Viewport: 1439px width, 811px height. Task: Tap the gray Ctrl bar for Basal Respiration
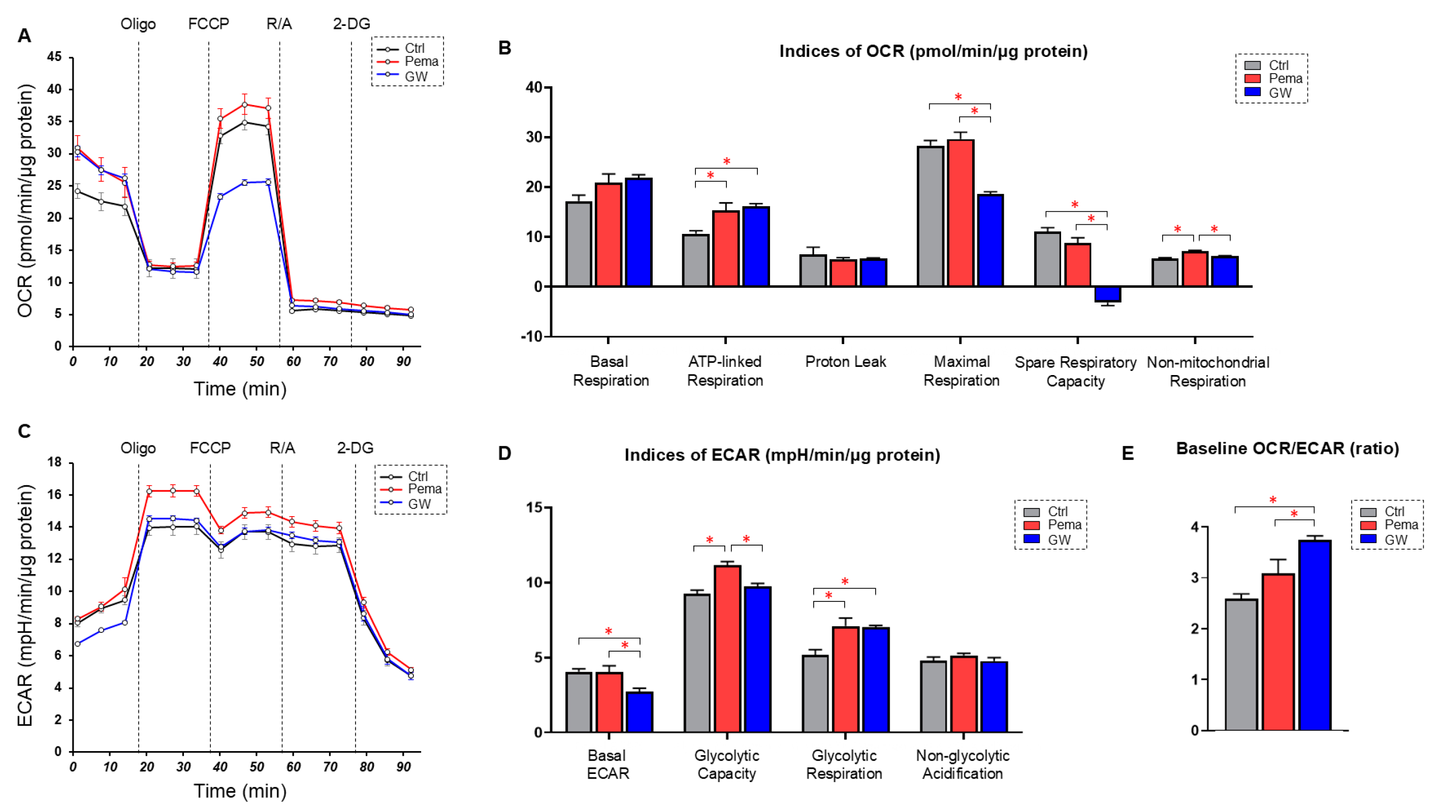coord(579,244)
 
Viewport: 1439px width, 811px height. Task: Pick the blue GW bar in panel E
coord(1315,635)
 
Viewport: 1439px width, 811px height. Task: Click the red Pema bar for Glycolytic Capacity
coord(727,649)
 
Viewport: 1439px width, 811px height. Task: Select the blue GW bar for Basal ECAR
coord(639,712)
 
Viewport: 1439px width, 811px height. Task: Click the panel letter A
coord(24,36)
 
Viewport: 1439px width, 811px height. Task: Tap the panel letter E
coord(1128,453)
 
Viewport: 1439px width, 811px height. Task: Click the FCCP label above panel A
coord(208,24)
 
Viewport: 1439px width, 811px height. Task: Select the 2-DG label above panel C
coord(355,448)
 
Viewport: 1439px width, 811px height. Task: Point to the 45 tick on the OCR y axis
coord(54,57)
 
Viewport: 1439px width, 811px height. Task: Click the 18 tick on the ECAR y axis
coord(54,463)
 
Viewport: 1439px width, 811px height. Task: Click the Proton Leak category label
coord(845,362)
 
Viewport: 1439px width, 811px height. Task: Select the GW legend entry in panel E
coord(1395,540)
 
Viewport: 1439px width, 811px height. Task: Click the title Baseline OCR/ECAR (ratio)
coord(1287,449)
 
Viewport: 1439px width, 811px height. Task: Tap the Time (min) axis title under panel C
coord(240,791)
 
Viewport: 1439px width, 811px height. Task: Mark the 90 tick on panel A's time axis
coord(403,362)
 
